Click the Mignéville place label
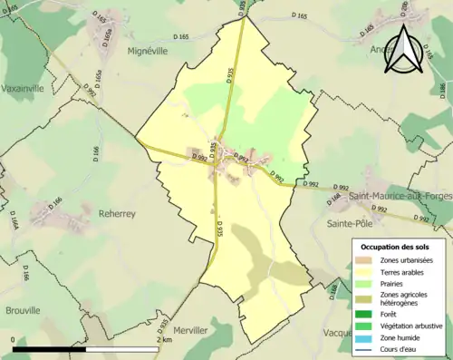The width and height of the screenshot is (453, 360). click(148, 52)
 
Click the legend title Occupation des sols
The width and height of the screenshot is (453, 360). click(396, 246)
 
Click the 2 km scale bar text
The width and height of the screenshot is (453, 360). click(163, 339)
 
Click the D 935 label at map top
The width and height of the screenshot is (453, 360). click(242, 6)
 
